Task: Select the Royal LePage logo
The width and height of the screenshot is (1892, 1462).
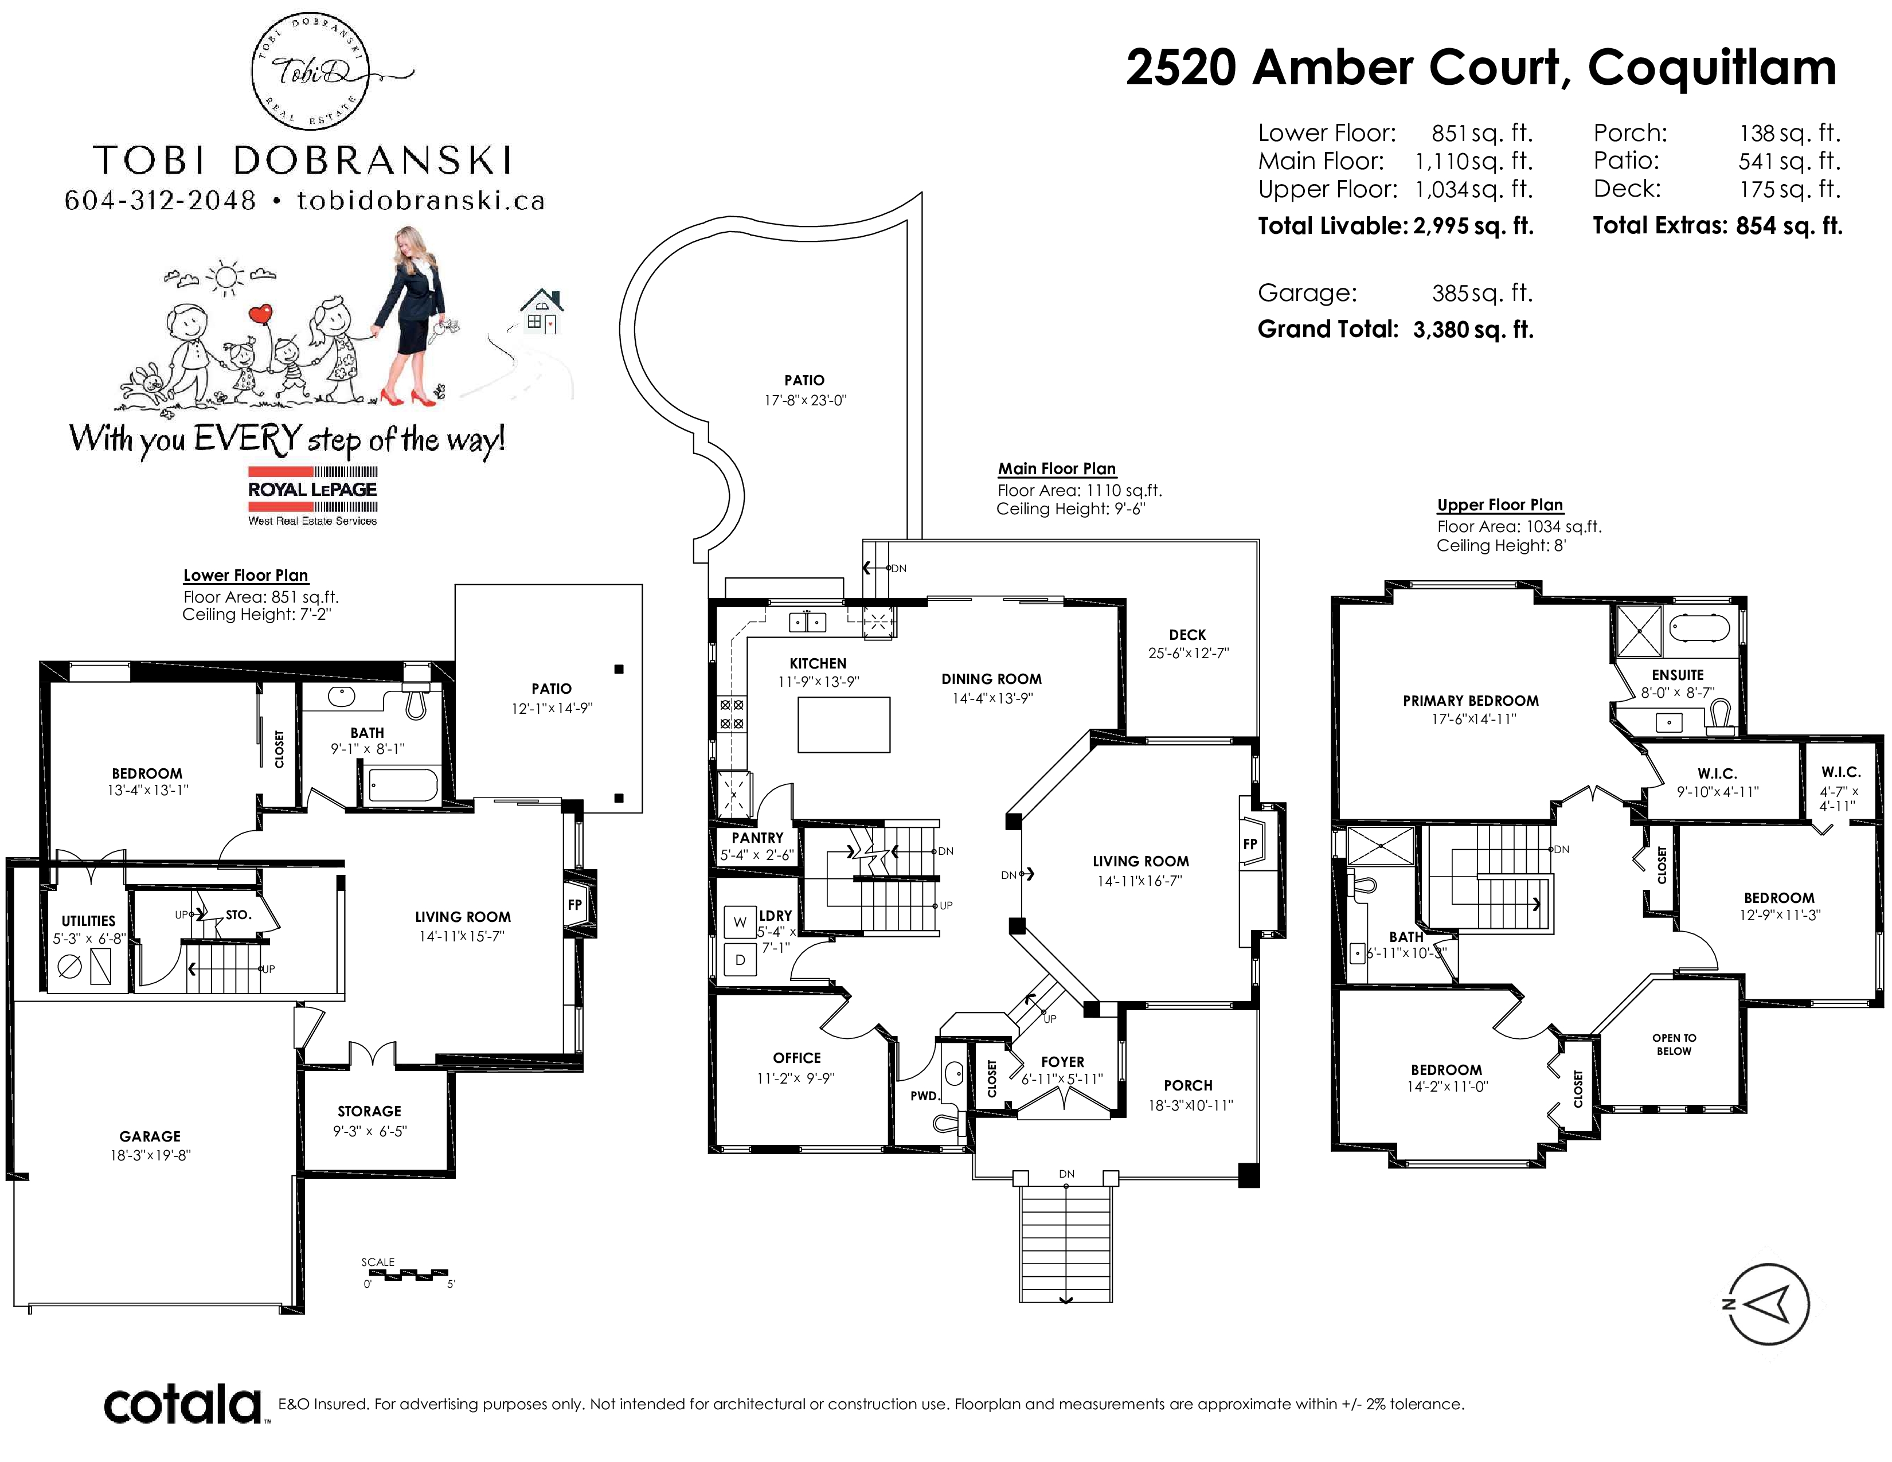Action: [312, 495]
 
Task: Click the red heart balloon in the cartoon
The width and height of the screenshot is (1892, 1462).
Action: [261, 314]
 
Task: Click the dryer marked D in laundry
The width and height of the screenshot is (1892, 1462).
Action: [740, 960]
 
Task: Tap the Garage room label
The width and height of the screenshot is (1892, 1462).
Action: [150, 1136]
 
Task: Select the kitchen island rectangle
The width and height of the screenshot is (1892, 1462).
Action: [844, 725]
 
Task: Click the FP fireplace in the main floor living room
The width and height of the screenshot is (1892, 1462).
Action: [1250, 843]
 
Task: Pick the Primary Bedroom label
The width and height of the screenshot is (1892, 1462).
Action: [1471, 701]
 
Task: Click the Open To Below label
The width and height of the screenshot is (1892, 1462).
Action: [1674, 1045]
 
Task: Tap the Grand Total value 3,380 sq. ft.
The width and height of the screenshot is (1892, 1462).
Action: [1473, 330]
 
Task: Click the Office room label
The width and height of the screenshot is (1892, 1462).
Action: [797, 1058]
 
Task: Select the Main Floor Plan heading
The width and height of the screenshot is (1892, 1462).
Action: [1057, 468]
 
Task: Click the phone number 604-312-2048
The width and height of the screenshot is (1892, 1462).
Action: [161, 201]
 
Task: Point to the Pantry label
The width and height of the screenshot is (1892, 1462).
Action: [757, 838]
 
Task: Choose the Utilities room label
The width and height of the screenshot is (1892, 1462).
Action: [88, 921]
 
